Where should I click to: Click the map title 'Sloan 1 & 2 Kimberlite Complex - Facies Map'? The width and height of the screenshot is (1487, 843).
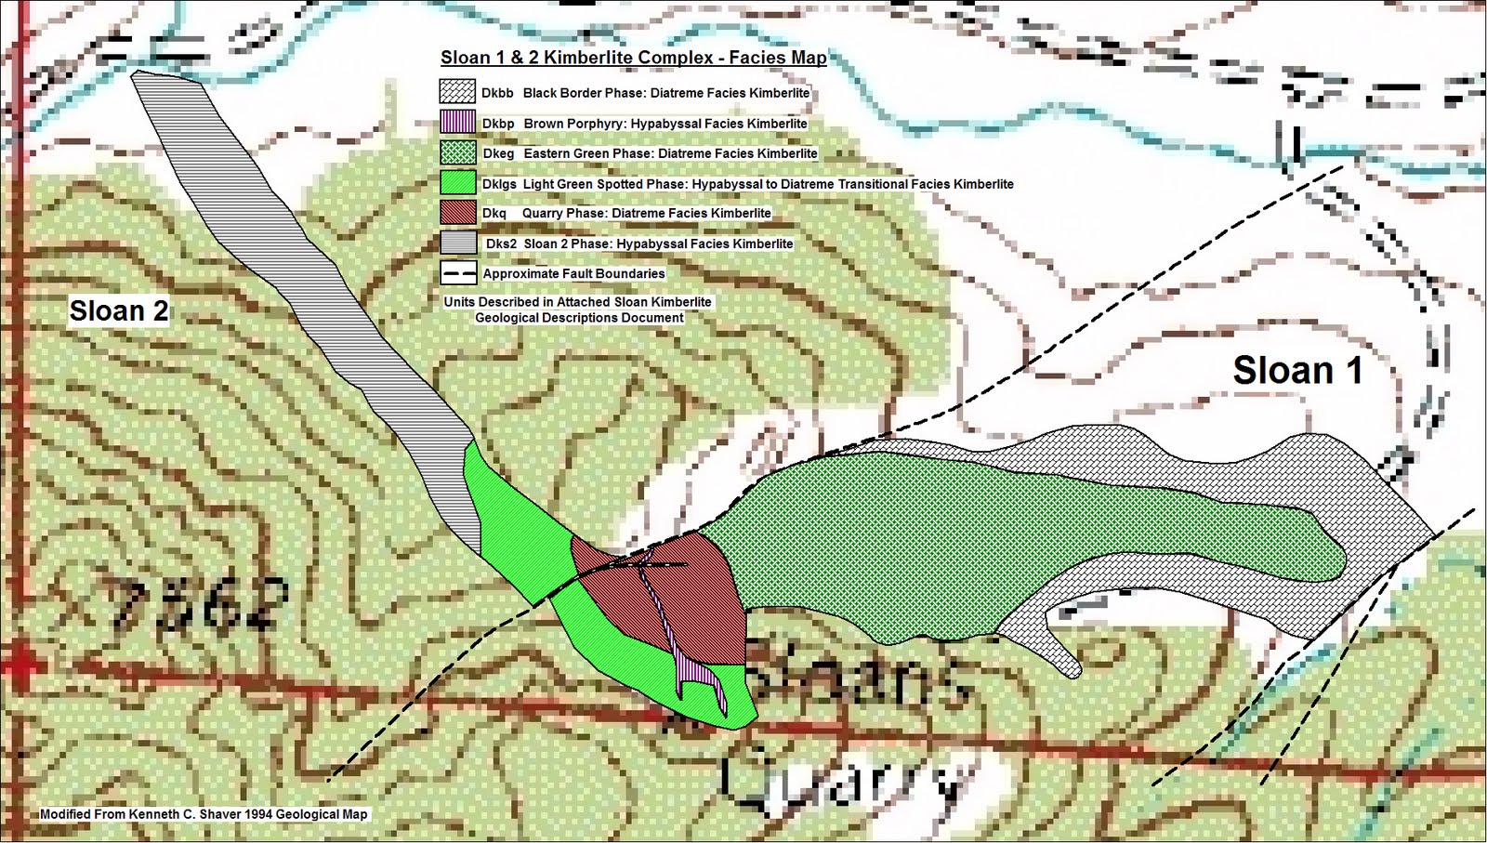click(x=633, y=58)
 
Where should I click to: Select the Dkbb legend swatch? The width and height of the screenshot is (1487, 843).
click(x=457, y=92)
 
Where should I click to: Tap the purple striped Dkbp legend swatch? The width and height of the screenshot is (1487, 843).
click(x=457, y=123)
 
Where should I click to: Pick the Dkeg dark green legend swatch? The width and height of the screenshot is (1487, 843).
click(x=457, y=153)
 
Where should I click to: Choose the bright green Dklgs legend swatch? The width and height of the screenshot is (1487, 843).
click(x=457, y=183)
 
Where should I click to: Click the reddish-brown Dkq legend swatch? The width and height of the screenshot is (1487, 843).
click(x=457, y=213)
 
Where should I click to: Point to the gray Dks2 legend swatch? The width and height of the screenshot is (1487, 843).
click(x=457, y=243)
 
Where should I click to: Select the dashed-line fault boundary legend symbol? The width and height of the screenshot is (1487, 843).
click(x=457, y=273)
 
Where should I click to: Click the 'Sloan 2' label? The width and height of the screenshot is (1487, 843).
click(x=119, y=310)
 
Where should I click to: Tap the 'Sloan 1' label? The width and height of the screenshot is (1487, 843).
click(x=1297, y=371)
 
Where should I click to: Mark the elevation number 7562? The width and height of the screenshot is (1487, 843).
click(x=197, y=605)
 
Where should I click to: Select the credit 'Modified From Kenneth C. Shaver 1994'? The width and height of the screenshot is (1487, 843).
click(x=204, y=814)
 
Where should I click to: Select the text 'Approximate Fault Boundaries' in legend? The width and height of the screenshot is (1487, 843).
click(x=573, y=273)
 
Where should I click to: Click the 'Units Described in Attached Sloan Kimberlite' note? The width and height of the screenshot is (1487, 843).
click(x=577, y=302)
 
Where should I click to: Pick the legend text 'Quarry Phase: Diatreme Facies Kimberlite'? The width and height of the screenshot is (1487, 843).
click(x=646, y=213)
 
